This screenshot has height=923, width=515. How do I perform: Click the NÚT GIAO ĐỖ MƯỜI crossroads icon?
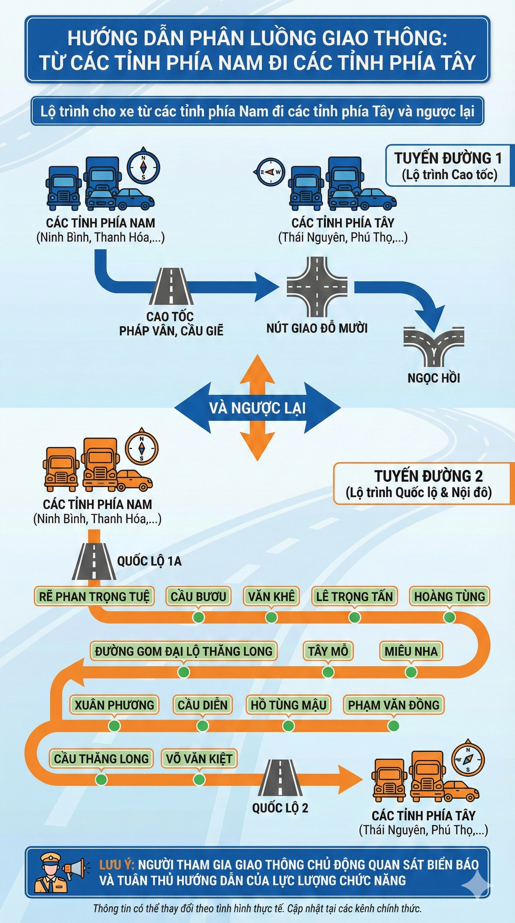[x=317, y=287]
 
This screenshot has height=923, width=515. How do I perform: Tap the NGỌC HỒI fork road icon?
[x=434, y=346]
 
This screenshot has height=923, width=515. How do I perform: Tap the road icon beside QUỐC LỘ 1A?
[x=94, y=562]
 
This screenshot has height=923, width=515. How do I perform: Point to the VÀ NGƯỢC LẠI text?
[x=257, y=408]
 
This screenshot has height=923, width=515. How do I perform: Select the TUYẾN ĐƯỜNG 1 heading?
[x=448, y=158]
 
